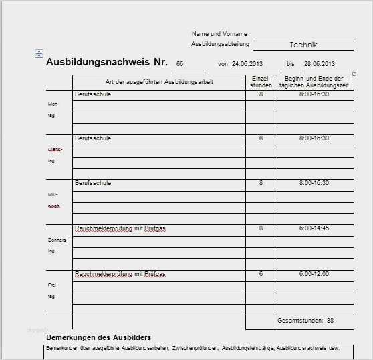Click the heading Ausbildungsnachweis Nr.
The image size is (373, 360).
point(107,62)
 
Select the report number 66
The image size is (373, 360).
point(179,64)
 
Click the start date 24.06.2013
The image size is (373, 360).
point(245,64)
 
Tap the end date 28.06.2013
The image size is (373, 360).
point(318,64)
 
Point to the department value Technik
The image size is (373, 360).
point(303,45)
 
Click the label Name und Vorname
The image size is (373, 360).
point(219,33)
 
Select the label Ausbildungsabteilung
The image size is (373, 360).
point(220,44)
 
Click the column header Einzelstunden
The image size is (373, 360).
point(260,82)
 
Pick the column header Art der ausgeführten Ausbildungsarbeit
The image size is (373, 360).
point(159,82)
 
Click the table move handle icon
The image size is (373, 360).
point(39,53)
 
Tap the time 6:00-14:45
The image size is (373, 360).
point(314,228)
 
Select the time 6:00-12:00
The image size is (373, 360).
point(314,274)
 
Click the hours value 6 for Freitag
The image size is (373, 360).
point(260,274)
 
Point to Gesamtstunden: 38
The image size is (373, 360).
point(305,321)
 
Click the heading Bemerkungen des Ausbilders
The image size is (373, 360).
point(98,337)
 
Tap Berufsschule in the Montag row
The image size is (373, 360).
point(93,94)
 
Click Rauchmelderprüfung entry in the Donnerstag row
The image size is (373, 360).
point(120,228)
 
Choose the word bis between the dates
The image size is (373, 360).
point(290,64)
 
